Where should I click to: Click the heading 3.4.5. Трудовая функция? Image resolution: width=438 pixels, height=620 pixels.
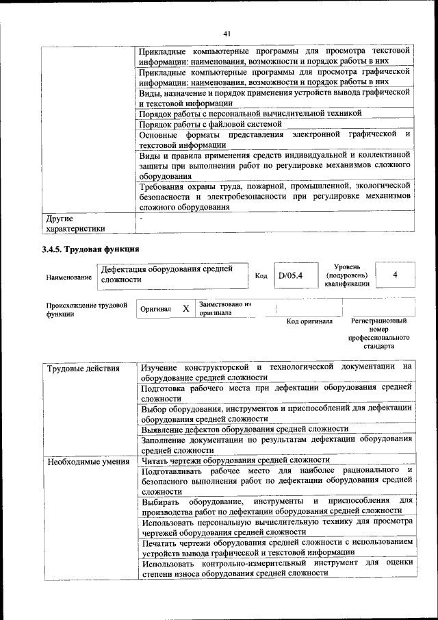(x=90, y=249)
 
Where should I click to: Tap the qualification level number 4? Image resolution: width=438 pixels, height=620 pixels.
(x=396, y=275)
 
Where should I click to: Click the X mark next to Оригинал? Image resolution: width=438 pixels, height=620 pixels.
(x=185, y=309)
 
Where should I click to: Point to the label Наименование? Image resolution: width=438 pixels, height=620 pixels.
(x=69, y=277)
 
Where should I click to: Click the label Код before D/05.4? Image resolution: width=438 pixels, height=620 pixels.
(x=261, y=275)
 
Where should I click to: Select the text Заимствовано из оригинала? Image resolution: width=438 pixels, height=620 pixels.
(x=225, y=308)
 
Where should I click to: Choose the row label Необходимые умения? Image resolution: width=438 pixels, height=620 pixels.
(x=88, y=461)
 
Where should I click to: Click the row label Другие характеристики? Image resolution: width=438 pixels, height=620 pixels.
(x=75, y=224)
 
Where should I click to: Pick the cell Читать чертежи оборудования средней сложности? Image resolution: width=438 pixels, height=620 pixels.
(x=235, y=460)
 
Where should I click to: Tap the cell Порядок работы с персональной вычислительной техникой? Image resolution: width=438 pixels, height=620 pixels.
(x=250, y=114)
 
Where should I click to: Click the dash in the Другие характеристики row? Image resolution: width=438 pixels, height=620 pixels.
(x=141, y=219)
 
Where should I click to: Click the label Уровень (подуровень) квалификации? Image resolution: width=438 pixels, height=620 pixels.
(x=347, y=275)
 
